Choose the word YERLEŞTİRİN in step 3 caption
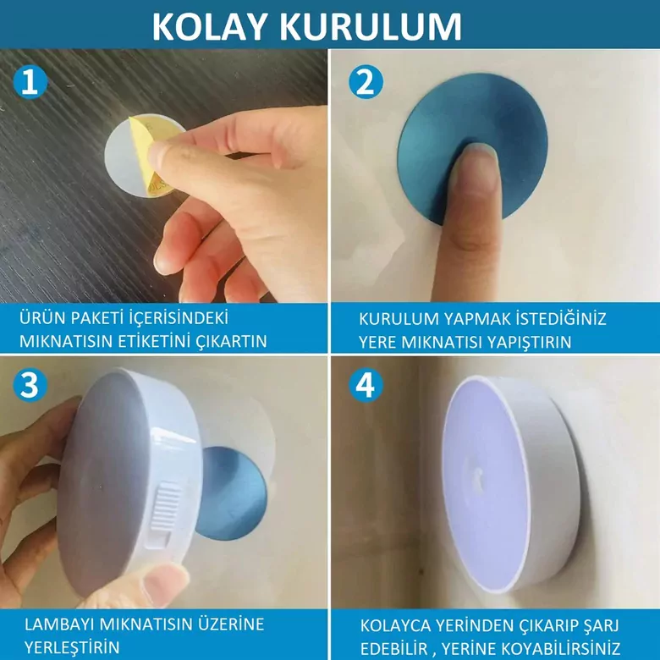click(x=71, y=647)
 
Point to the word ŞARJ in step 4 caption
click(x=601, y=626)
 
